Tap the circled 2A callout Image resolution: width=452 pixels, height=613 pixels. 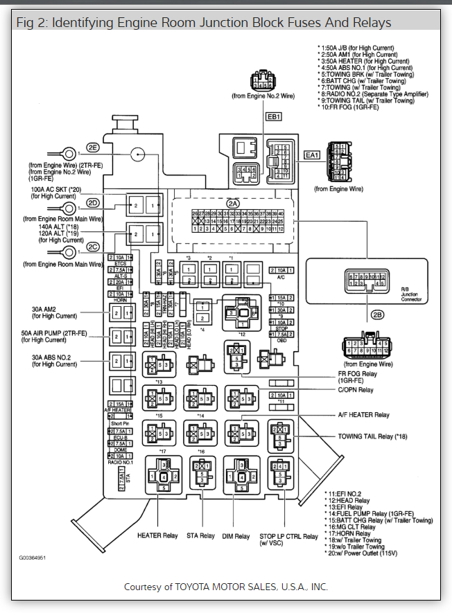(x=232, y=203)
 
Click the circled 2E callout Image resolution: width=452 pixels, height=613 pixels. (x=93, y=148)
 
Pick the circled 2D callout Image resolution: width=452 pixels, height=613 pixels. (x=93, y=203)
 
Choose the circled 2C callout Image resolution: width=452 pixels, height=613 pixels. (x=93, y=247)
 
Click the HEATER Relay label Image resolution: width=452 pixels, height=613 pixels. (x=157, y=535)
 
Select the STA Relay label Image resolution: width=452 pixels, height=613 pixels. (x=202, y=535)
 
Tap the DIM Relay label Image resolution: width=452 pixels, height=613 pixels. (x=236, y=535)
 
